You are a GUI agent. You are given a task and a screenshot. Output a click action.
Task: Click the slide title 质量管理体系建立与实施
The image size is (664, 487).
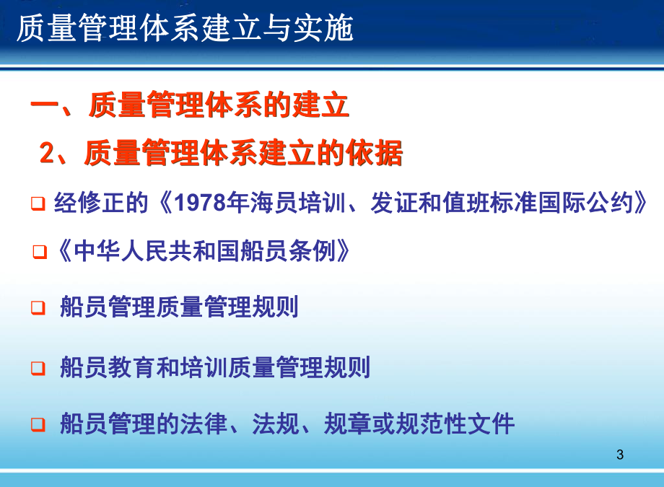[x=185, y=30]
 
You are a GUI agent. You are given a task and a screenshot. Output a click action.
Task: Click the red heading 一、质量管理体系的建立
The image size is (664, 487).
[x=190, y=107]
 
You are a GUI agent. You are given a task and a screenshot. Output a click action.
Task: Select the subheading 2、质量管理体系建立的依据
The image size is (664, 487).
[x=221, y=153]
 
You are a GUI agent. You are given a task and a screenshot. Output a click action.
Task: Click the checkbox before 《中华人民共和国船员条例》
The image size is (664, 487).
[x=40, y=251]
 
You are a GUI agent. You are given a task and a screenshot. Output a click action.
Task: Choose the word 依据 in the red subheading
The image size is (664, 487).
[x=378, y=153]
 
